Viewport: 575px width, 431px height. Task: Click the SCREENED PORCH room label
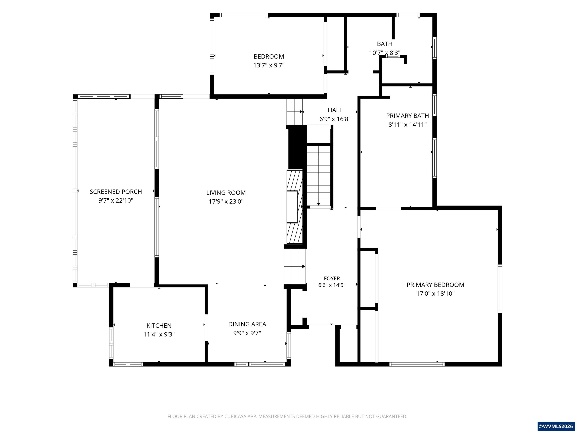tap(116, 192)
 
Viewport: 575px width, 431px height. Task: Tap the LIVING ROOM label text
tap(226, 193)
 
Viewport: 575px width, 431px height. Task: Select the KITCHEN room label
tap(159, 325)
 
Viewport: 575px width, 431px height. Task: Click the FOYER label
tap(332, 279)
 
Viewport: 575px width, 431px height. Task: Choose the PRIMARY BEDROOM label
tap(435, 285)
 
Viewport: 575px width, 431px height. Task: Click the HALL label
tap(335, 110)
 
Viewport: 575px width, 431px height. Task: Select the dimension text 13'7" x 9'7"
tap(269, 65)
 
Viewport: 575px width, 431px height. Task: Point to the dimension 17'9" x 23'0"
tap(226, 201)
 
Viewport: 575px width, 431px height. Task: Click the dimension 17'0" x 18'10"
tap(435, 294)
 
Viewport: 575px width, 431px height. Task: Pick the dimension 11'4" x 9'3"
tap(159, 334)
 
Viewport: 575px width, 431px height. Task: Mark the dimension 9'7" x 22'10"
tap(116, 201)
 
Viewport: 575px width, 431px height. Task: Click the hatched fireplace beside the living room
tap(294, 207)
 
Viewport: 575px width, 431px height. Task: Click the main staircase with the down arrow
tap(319, 175)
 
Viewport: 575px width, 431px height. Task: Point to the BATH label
tap(385, 44)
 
